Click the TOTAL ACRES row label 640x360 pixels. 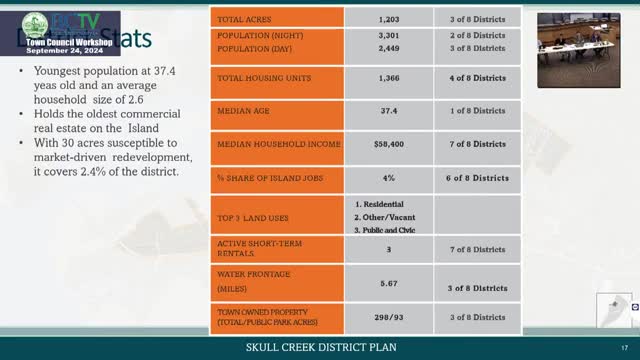tap(245, 19)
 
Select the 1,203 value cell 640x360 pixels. tap(388, 19)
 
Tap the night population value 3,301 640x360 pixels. tap(388, 35)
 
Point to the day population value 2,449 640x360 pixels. tap(388, 48)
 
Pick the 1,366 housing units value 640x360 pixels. tap(388, 78)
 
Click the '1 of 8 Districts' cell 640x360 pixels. tap(476, 111)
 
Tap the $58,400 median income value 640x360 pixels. tap(388, 144)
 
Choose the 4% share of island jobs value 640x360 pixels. tap(388, 177)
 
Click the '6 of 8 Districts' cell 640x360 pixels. tap(476, 177)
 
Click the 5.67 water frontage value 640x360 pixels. tap(388, 283)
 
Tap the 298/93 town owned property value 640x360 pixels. tap(388, 317)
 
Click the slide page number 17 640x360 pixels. tap(623, 347)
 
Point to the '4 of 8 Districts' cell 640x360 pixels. tap(476, 78)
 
